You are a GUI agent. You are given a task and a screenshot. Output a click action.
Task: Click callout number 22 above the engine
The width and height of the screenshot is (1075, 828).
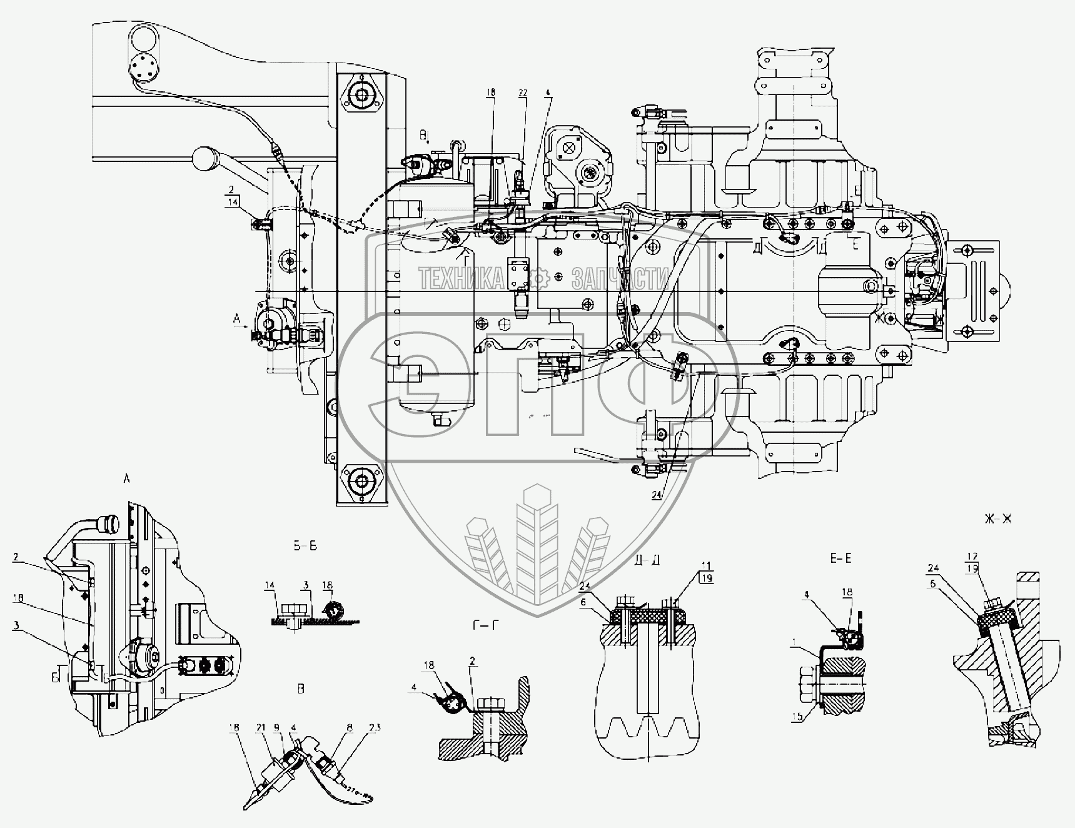point(523,93)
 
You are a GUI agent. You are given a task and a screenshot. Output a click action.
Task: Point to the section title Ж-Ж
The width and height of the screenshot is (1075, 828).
point(997,519)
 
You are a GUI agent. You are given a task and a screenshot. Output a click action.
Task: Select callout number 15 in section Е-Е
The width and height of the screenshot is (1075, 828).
point(797,718)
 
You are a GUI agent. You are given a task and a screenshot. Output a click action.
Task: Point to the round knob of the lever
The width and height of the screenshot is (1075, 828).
point(204,159)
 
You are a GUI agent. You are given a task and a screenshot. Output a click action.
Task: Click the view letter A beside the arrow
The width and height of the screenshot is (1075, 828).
point(236,319)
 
